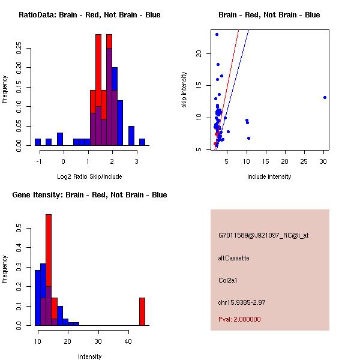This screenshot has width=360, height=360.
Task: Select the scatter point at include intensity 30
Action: (x=325, y=97)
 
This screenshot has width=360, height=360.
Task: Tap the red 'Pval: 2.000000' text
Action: (x=239, y=319)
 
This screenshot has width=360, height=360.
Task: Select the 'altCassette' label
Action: (x=233, y=258)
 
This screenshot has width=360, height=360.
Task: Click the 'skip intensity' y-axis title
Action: (x=184, y=90)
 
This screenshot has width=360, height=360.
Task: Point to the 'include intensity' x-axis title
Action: (x=269, y=176)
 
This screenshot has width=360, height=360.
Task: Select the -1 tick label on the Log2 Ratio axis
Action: (x=38, y=161)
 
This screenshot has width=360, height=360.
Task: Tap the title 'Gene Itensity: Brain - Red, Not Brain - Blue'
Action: (x=89, y=195)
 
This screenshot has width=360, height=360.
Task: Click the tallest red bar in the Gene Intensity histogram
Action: (x=49, y=270)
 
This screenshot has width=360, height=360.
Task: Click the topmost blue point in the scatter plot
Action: (x=217, y=34)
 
